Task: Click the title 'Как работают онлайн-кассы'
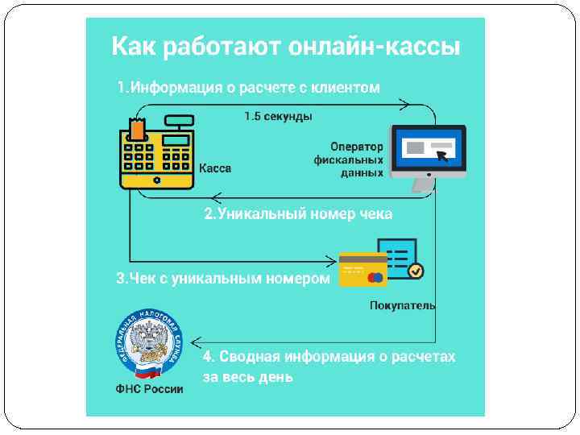[285, 46]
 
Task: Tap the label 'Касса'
[215, 168]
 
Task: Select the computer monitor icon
[428, 153]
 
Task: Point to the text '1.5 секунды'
[278, 117]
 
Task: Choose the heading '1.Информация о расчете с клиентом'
[248, 87]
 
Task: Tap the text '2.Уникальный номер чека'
[298, 214]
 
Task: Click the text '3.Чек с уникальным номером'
[223, 279]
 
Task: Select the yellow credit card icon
[362, 268]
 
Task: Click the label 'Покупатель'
[402, 305]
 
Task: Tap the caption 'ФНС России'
[149, 389]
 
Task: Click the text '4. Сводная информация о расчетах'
[329, 356]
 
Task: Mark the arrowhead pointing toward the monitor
[405, 104]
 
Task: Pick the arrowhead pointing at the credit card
[330, 260]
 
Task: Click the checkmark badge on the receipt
[415, 271]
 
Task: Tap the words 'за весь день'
[247, 376]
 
